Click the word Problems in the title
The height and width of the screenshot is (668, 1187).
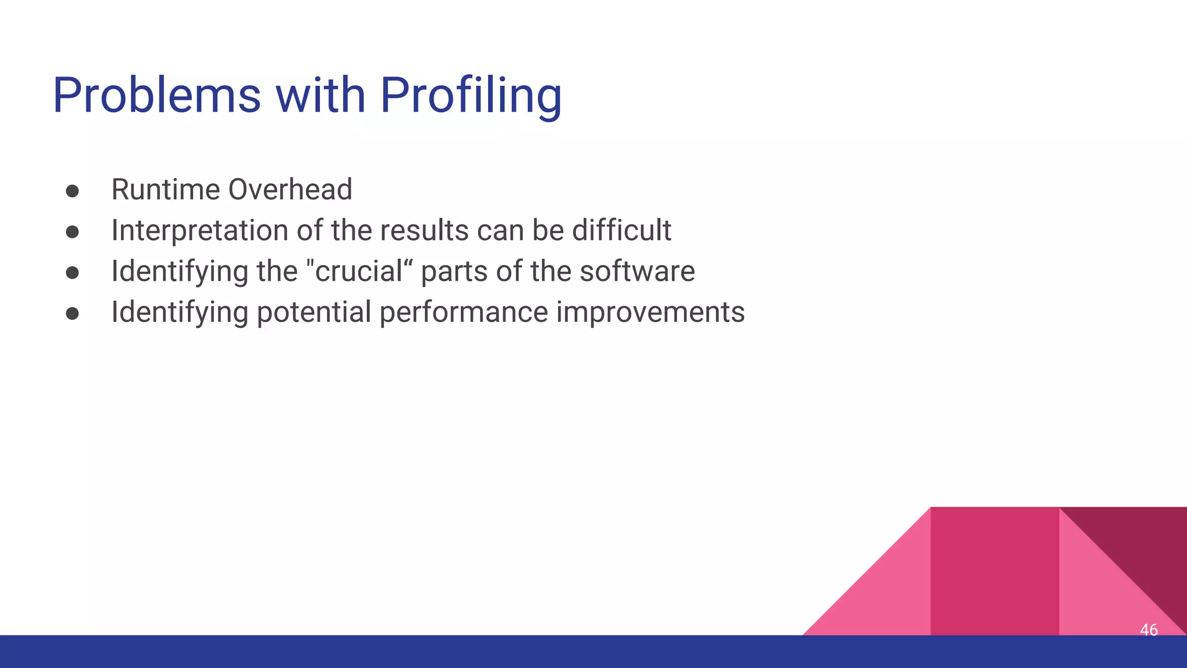156,96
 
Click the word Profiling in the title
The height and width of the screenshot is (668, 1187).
471,96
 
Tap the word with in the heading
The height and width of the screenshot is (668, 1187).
320,96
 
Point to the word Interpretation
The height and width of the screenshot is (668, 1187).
199,231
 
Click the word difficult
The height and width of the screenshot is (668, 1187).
621,231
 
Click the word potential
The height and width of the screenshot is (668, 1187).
314,313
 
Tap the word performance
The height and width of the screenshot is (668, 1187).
464,313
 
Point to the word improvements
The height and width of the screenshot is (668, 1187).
650,313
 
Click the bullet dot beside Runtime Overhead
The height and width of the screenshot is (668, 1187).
72,191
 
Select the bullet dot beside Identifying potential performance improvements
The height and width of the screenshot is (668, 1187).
72,314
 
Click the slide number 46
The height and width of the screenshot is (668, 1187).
1148,630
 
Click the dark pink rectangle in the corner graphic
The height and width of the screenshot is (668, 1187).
994,571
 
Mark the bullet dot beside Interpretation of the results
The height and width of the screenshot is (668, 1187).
72,232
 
